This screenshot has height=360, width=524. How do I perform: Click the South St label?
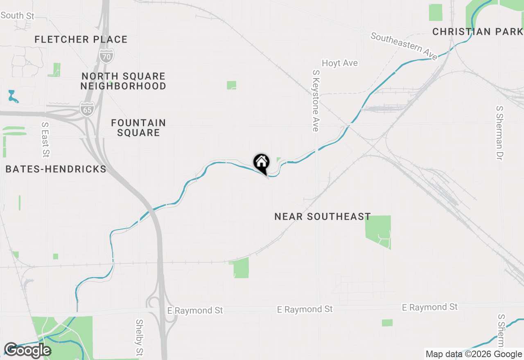18,16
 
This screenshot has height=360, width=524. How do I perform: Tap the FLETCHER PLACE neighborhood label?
81,40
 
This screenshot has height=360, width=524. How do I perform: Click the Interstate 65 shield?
87,110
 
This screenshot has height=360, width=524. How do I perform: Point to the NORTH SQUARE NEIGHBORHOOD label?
123,81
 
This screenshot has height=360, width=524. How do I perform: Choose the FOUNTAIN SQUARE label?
138,128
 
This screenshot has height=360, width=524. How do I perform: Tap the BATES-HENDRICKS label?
56,169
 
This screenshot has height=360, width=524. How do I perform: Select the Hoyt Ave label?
340,63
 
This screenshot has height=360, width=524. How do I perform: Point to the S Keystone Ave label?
315,101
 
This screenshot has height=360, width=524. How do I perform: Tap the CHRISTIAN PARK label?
477,32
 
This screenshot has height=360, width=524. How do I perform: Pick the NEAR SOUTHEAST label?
323,216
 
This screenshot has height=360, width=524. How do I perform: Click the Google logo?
27,350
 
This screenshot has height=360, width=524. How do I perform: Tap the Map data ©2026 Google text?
474,354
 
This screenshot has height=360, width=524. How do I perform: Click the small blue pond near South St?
13,97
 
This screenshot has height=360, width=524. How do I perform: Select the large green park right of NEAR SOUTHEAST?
379,231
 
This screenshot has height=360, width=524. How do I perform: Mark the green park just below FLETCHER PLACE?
54,70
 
